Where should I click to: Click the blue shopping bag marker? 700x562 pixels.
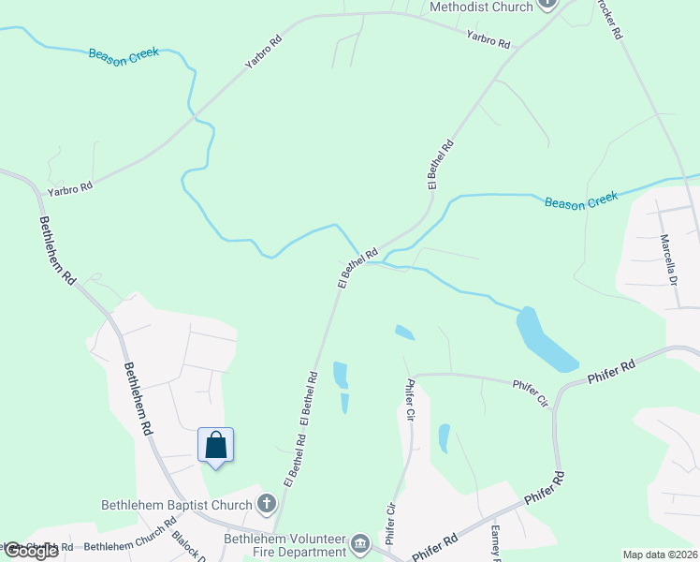pos(215,445)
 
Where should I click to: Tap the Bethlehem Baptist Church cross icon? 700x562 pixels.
pos(267,505)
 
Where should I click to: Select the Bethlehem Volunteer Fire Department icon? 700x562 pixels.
pos(360,543)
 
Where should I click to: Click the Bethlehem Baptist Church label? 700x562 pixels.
pos(177,505)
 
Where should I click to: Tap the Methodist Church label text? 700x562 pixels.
pos(481,7)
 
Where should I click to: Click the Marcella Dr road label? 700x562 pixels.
pos(667,259)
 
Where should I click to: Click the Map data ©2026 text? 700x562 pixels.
pos(660,555)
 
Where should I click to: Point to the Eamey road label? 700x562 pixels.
pos(496,542)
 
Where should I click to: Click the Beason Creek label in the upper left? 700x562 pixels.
pos(124,53)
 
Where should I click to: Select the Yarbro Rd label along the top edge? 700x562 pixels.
pos(489,39)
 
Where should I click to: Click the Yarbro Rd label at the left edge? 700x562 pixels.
pos(73,186)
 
